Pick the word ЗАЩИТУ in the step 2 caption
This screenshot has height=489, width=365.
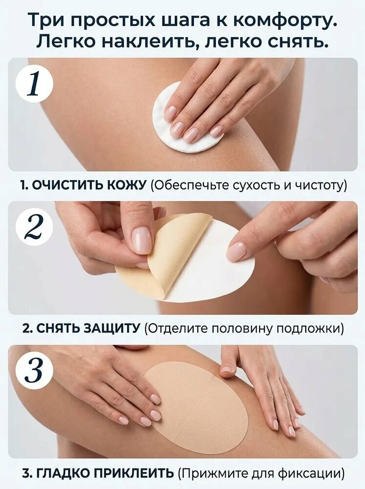click(x=110, y=329)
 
